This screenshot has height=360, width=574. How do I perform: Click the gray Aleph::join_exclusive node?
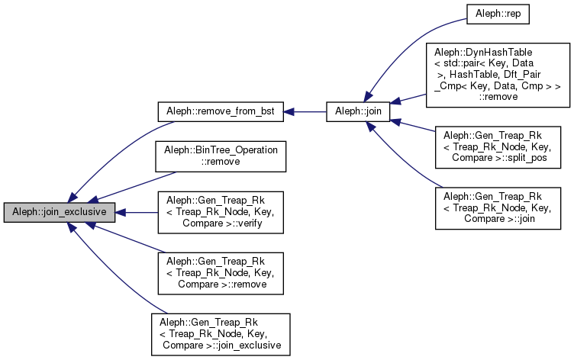point(60,212)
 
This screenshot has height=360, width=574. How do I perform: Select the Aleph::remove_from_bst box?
point(221,111)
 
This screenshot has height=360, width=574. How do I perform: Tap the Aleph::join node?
point(359,111)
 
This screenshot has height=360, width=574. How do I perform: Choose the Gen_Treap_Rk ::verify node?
point(221,212)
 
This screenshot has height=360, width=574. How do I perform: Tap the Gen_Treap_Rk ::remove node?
point(221,273)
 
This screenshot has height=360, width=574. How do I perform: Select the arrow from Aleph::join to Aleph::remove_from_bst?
point(305,111)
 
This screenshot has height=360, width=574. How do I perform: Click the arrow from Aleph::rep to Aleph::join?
point(412,53)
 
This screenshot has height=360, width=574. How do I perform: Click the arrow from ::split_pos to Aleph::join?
point(412,126)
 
